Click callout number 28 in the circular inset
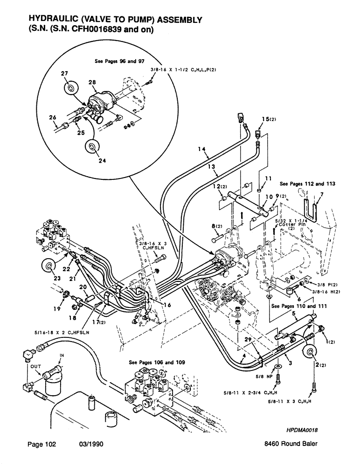[x=92, y=82]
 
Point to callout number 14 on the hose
[x=201, y=150]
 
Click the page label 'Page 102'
[x=42, y=445]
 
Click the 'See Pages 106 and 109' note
[x=155, y=362]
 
